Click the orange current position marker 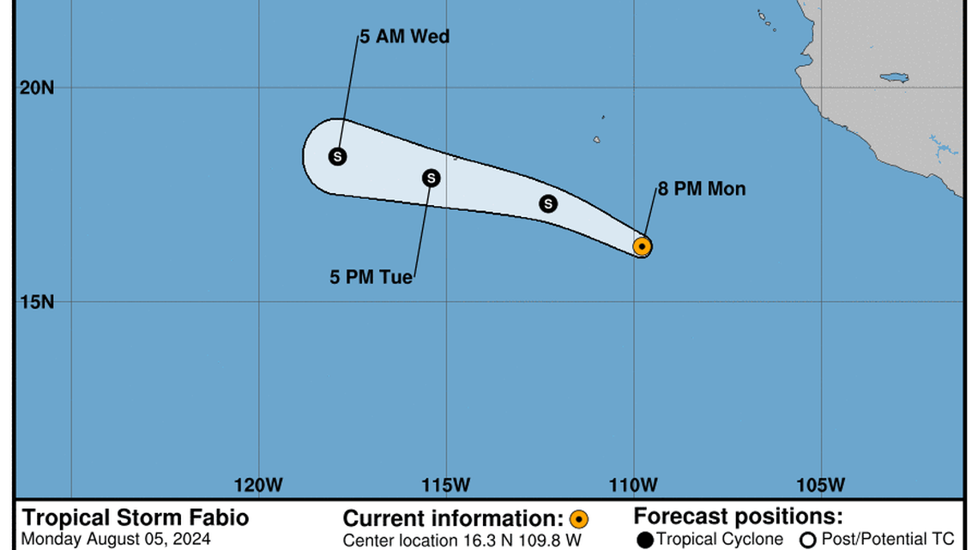pos(642,246)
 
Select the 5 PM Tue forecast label pos(371,277)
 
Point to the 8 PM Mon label pos(702,189)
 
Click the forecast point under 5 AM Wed pos(338,156)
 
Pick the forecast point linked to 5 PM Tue pos(432,178)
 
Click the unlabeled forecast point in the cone pos(548,203)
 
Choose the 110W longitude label pos(635,485)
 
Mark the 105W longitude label pos(821,485)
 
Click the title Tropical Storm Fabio pos(136,517)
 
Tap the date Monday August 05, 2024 pos(115,540)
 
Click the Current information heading pos(453,518)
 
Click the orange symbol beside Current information pos(579,519)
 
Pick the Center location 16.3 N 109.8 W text pos(462,541)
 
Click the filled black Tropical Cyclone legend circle pos(644,541)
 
